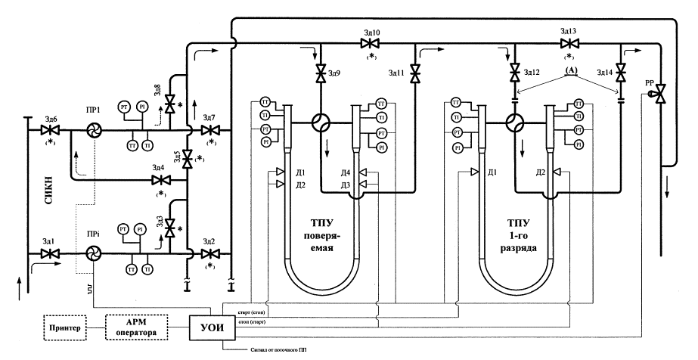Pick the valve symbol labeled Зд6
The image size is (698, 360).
[50, 130]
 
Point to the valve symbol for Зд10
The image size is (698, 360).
[371, 44]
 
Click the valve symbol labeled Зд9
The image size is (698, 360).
[321, 73]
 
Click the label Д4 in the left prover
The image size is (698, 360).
[346, 172]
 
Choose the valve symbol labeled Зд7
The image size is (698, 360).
[209, 130]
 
